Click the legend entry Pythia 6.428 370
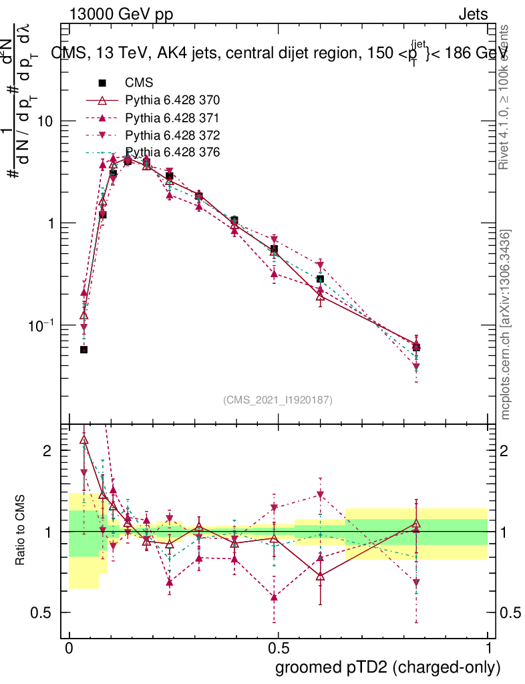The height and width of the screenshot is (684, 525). point(172,100)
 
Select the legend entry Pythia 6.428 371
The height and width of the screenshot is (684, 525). point(172,118)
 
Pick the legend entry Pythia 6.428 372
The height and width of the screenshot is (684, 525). point(172,135)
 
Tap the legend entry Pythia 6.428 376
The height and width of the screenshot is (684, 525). point(172,152)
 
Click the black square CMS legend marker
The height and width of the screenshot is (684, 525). point(102,83)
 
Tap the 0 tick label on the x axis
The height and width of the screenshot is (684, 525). point(69,649)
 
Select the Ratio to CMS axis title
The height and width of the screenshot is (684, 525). point(21,531)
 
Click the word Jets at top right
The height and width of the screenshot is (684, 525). point(473,14)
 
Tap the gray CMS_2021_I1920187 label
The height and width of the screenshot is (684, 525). point(278,399)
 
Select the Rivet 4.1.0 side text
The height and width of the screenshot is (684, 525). point(506,97)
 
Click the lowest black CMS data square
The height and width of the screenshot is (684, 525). point(83,349)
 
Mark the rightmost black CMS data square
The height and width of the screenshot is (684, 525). point(416,347)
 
